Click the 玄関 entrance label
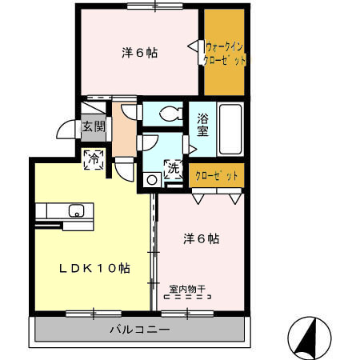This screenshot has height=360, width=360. coord(93,126)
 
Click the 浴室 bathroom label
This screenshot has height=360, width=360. coord(202,125)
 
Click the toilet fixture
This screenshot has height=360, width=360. coord(169,114)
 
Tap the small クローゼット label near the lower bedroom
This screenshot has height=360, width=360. coord(217,175)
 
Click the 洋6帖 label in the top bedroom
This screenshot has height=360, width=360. coord(139,53)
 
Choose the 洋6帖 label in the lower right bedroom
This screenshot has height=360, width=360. coord(202,238)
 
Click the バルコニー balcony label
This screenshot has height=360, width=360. coord(140,330)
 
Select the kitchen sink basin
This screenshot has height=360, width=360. coord(77,211)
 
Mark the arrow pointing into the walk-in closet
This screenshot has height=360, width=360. coord(192,48)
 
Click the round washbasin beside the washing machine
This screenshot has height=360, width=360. coord(150,179)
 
